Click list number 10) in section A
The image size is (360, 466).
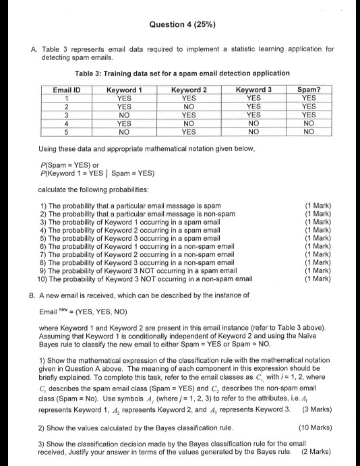[x=46, y=278]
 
